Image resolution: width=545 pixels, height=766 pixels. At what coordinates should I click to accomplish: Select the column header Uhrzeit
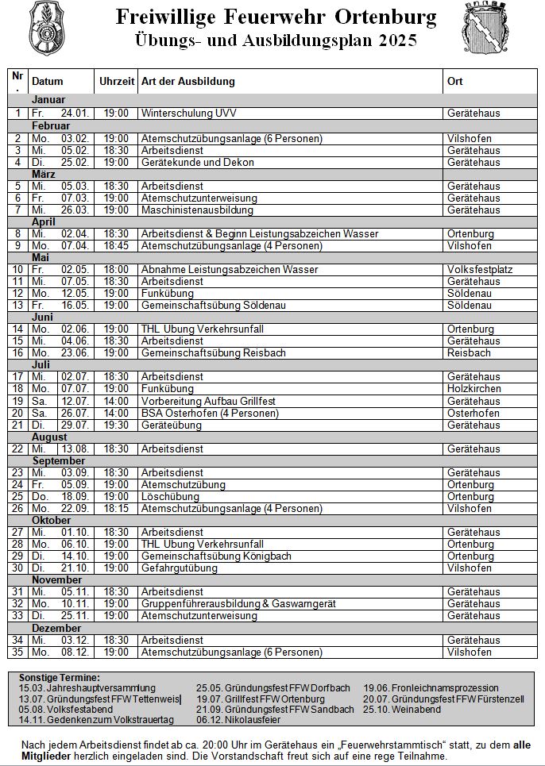pos(116,82)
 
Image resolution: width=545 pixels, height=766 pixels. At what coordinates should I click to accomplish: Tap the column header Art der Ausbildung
pos(187,82)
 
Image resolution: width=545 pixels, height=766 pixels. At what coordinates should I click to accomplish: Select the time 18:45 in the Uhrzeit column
pos(116,246)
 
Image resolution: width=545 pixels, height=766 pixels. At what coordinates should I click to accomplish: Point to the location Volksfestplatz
pos(480,270)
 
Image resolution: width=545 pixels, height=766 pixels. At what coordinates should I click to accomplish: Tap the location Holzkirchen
pos(474,389)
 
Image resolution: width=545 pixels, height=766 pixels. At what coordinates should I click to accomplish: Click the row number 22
pos(17,449)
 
